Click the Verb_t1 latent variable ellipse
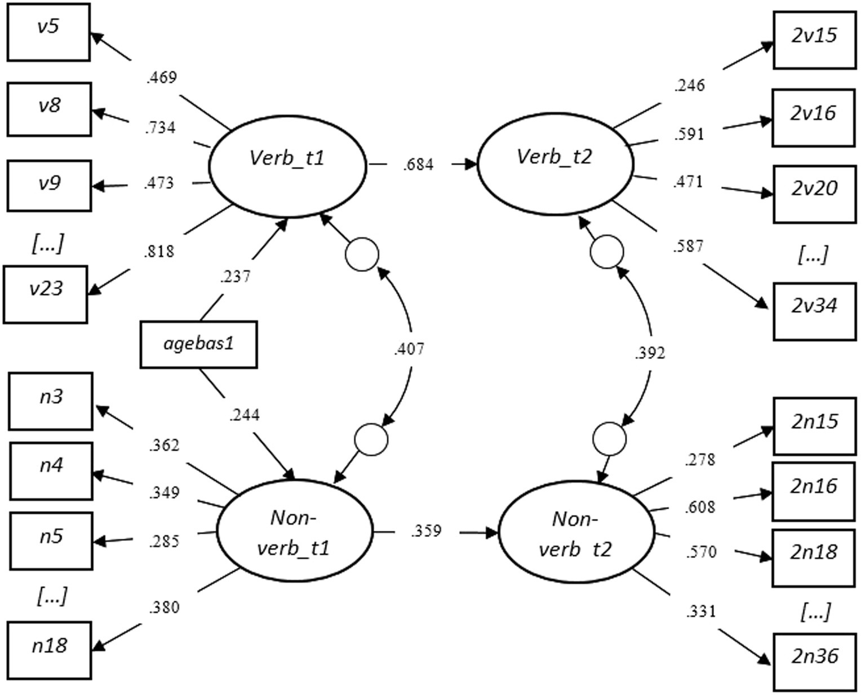(287, 165)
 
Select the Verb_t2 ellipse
(555, 165)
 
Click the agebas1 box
(198, 344)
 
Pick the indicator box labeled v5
(48, 32)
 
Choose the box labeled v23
(46, 294)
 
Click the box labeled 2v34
(814, 311)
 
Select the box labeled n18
(50, 650)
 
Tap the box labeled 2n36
(814, 662)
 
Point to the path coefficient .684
(418, 165)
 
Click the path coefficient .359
(426, 531)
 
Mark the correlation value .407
(409, 349)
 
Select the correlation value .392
(650, 353)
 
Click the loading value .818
(159, 252)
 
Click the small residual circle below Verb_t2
(607, 252)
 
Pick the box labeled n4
(51, 471)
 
